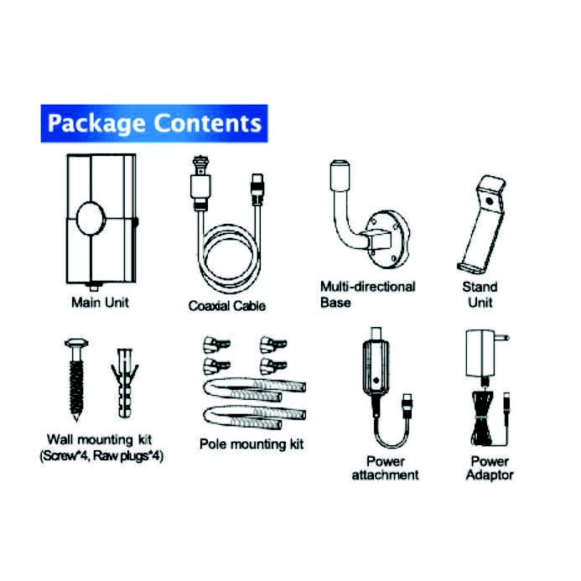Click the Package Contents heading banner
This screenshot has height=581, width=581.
[153, 124]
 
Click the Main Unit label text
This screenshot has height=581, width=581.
[100, 302]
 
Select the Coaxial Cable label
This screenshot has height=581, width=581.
[226, 306]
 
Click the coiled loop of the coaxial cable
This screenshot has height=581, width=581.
[227, 260]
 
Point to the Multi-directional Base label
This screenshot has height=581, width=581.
[367, 294]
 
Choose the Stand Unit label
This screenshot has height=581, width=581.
[480, 294]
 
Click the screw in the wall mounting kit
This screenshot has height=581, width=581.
[73, 377]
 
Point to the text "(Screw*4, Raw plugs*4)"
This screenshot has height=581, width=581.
[101, 456]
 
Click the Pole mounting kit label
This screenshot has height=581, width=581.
[252, 444]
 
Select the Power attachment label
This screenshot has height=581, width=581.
[385, 468]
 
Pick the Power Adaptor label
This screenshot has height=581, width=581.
[490, 468]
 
